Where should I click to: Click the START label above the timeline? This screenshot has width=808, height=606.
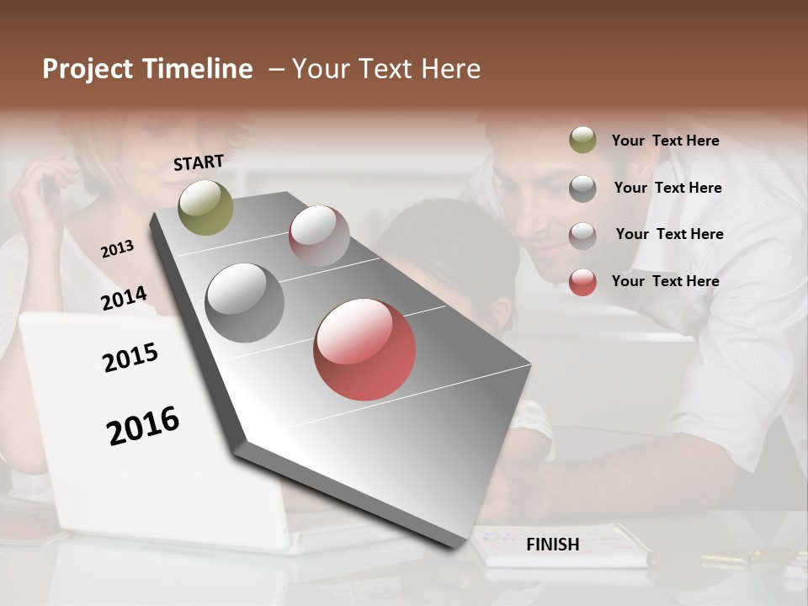[x=199, y=162]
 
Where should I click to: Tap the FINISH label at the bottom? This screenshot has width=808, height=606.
[x=552, y=545]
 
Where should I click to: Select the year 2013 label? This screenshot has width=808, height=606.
[x=117, y=249]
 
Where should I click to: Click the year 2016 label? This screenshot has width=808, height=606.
[x=143, y=425]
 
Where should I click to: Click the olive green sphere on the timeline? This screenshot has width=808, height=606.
[x=206, y=207]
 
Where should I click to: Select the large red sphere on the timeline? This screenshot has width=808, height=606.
[x=364, y=349]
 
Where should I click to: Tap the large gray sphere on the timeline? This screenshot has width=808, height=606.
[x=245, y=303]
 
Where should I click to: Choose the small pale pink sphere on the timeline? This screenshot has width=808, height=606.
[x=319, y=235]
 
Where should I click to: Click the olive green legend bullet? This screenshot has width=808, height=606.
[x=582, y=141]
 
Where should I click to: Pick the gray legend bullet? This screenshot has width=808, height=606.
[x=582, y=188]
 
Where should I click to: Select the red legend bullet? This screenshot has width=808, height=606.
[x=582, y=282]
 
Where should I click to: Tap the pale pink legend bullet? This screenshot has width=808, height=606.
[x=582, y=235]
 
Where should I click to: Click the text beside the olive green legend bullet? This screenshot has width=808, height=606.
[x=665, y=141]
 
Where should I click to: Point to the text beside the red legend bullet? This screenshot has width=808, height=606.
[x=665, y=281]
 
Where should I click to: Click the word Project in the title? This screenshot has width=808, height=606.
[x=88, y=69]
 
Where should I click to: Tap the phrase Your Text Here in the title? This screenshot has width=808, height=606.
[x=386, y=69]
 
